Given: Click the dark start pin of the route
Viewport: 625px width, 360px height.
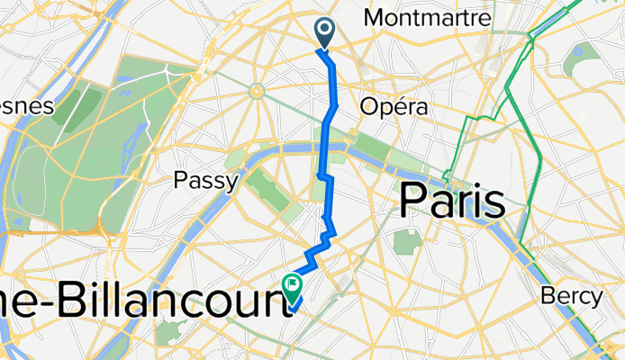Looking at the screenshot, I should click(x=324, y=34).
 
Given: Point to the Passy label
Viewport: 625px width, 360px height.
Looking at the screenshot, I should click(x=205, y=181).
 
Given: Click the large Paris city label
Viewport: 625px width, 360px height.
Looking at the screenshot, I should click(x=453, y=200).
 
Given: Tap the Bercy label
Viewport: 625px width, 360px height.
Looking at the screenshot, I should click(x=572, y=295).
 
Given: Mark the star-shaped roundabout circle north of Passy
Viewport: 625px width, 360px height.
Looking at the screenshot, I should click(x=256, y=90).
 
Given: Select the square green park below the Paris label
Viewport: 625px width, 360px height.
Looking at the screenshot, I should click(x=406, y=241).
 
